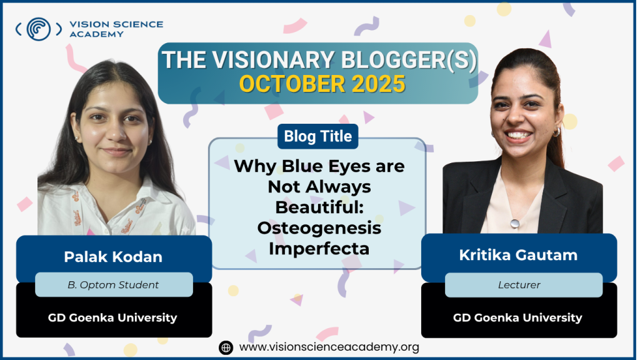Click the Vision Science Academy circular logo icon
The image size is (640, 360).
coord(39,29)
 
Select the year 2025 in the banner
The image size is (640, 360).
coord(378,84)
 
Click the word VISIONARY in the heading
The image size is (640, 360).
coord(273,60)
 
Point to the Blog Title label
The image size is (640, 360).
coord(318,136)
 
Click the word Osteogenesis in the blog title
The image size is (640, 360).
coord(319,227)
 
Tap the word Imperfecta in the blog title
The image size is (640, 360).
coord(319,249)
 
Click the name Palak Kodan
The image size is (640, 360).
coord(113,257)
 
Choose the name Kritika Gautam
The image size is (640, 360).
coord(518,255)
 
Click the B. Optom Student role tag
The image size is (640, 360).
coord(114,285)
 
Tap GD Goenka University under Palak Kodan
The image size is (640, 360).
coord(112,317)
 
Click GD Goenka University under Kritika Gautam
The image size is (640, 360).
coord(517,317)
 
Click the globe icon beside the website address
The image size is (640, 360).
coord(226,347)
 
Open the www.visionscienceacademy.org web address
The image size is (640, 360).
coord(329,347)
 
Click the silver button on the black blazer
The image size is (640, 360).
coord(515,223)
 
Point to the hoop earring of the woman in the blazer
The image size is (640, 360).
coord(557,132)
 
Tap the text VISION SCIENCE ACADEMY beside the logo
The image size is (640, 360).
coord(116,29)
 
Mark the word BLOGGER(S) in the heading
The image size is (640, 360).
coord(409,60)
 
